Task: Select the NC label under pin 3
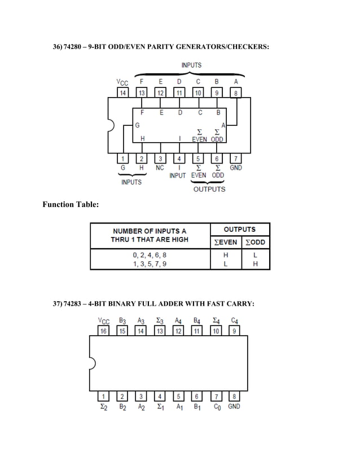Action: pyautogui.click(x=160, y=168)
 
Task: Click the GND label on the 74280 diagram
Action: pyautogui.click(x=236, y=168)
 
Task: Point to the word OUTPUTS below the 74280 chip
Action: pyautogui.click(x=209, y=189)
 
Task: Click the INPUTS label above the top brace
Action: pyautogui.click(x=191, y=65)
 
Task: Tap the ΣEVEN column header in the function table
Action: pyautogui.click(x=226, y=243)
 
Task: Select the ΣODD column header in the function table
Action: pyautogui.click(x=255, y=243)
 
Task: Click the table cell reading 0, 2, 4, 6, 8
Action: pyautogui.click(x=149, y=255)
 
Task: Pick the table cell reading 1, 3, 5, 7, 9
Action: pyautogui.click(x=149, y=263)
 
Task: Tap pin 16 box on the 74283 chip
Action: pyautogui.click(x=104, y=331)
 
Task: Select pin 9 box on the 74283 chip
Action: pyautogui.click(x=235, y=331)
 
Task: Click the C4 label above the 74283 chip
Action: pyautogui.click(x=235, y=321)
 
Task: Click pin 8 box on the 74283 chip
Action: pyautogui.click(x=235, y=397)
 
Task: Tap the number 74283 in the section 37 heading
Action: pyautogui.click(x=74, y=304)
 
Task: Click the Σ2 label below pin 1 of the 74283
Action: pyautogui.click(x=104, y=406)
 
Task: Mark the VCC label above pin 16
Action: pyautogui.click(x=104, y=321)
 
